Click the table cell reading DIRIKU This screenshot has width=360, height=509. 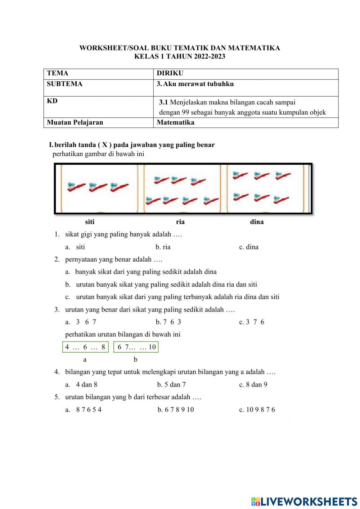[170, 73]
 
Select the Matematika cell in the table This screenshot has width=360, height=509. [176, 122]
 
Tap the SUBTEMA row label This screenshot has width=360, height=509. [64, 84]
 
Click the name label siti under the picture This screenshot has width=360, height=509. [90, 222]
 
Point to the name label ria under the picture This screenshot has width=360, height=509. [180, 222]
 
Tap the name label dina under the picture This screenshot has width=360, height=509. [257, 222]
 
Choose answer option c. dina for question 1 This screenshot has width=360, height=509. [249, 247]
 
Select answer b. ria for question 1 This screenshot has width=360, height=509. [163, 247]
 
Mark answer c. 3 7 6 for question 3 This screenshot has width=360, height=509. [252, 322]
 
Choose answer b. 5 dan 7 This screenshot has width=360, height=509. [172, 385]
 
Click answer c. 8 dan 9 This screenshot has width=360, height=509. [253, 385]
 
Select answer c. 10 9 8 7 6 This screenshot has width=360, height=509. [257, 410]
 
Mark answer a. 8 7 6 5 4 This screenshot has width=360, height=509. [84, 410]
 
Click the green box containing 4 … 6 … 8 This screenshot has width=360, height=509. [85, 347]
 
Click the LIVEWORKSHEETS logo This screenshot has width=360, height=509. [304, 501]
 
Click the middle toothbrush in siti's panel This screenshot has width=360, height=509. [98, 187]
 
